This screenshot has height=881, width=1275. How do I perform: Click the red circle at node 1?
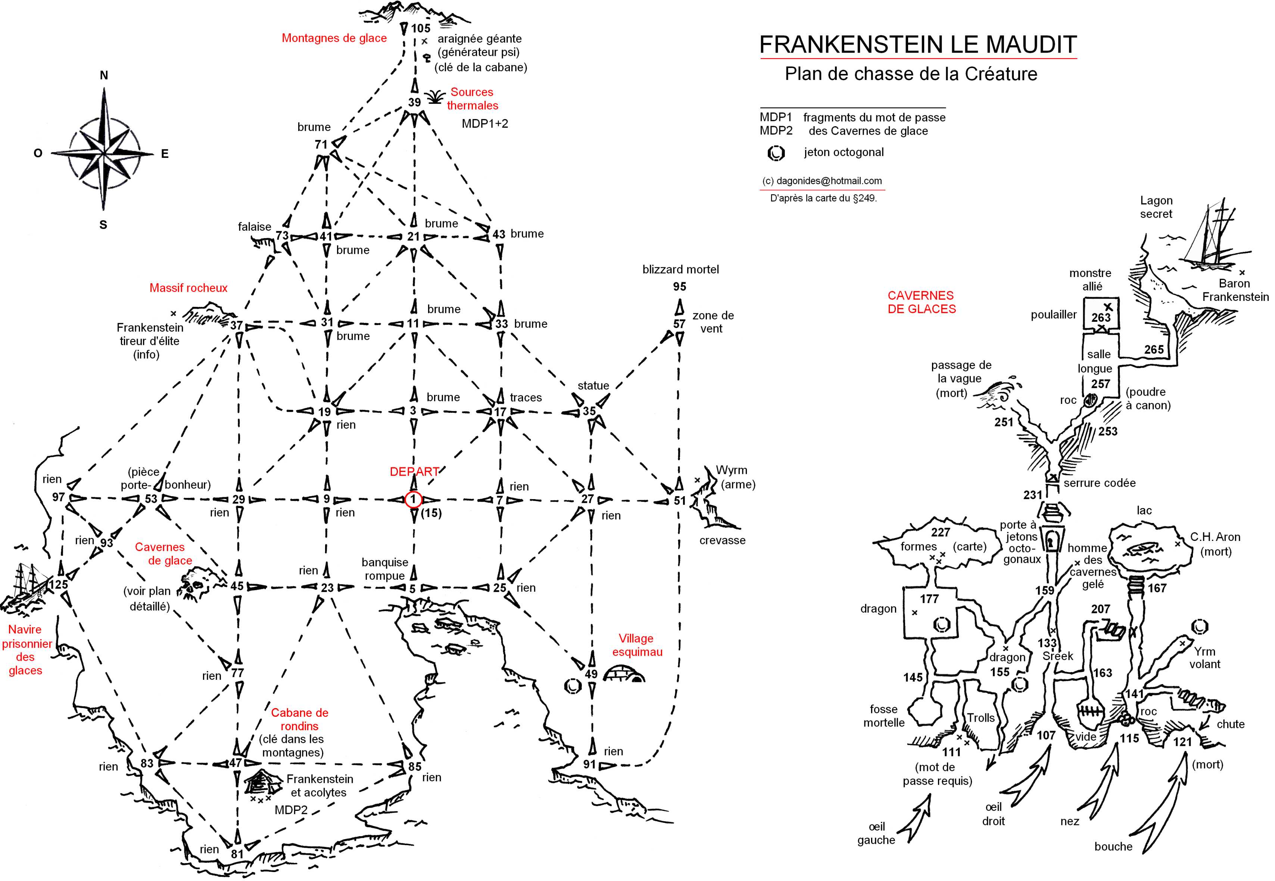coord(414,499)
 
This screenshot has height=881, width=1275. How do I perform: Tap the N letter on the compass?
coord(104,76)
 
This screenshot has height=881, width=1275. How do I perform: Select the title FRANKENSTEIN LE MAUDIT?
coord(918,44)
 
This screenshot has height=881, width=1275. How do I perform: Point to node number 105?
coord(421,28)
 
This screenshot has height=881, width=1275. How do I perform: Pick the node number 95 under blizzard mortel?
coord(679,286)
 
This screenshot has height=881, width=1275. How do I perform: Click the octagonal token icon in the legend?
coord(776,153)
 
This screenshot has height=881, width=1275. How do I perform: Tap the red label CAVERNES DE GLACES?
coord(921,302)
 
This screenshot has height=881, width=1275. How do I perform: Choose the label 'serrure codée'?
coord(1100,483)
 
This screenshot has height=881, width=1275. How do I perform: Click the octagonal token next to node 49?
coord(573,686)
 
